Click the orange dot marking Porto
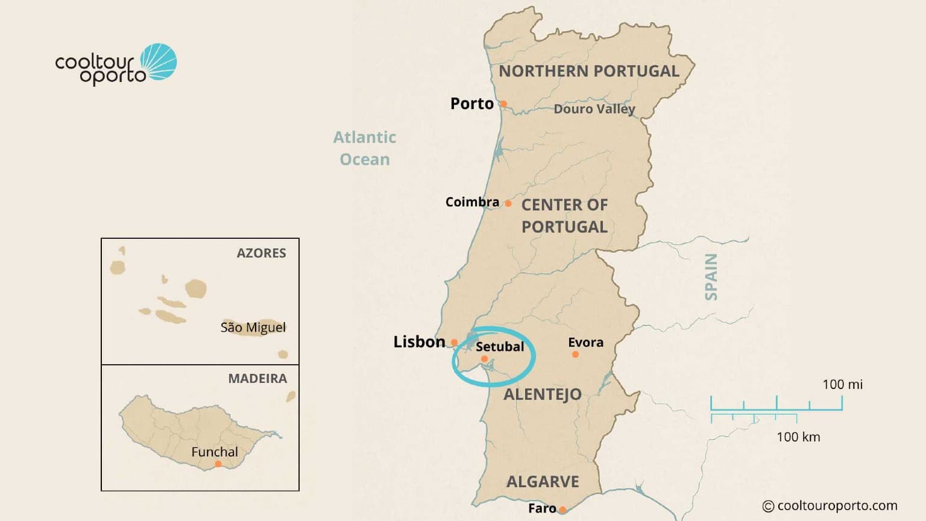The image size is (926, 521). (503, 104)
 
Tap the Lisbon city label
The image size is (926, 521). (419, 342)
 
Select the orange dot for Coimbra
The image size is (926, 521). (508, 204)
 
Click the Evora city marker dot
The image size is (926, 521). (575, 355)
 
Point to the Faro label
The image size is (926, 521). (542, 508)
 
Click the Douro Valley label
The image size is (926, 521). (594, 109)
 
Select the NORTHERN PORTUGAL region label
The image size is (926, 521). (589, 71)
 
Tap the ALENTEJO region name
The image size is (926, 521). (543, 394)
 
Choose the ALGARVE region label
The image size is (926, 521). (543, 482)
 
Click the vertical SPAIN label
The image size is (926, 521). (711, 277)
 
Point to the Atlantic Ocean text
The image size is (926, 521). (365, 148)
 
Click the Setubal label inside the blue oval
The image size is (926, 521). (500, 347)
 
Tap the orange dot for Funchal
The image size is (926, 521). (218, 464)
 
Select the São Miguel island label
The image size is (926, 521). (253, 327)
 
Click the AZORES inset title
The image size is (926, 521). (261, 253)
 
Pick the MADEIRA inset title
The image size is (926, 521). (257, 379)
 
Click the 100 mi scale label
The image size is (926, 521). (842, 385)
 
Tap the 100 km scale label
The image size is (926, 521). (798, 437)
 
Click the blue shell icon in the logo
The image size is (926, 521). (159, 62)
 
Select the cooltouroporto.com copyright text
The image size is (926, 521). (830, 506)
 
